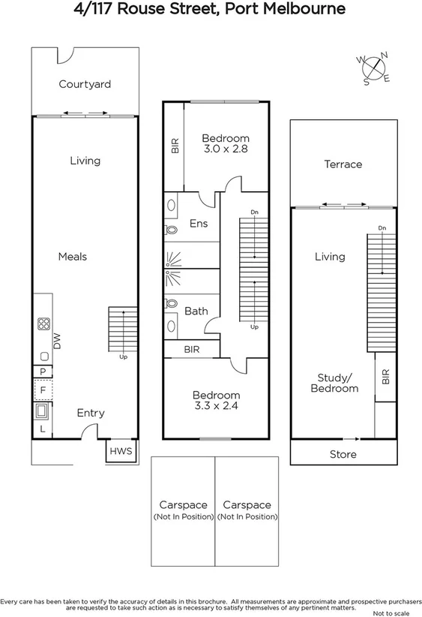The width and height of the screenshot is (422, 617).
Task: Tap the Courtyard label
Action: pyautogui.click(x=85, y=84)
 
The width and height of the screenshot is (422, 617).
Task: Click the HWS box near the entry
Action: pyautogui.click(x=121, y=451)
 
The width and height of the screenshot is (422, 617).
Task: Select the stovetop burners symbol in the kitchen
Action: pyautogui.click(x=43, y=325)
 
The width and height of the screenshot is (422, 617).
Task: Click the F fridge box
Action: pyautogui.click(x=43, y=390)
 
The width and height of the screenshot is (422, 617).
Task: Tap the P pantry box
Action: pyautogui.click(x=43, y=372)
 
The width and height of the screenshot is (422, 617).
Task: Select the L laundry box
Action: pyautogui.click(x=42, y=429)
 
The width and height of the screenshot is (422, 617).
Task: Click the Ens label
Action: pyautogui.click(x=199, y=224)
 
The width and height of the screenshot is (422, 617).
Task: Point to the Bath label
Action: pyautogui.click(x=196, y=311)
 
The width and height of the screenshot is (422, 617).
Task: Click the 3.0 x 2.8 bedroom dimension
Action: pyautogui.click(x=225, y=149)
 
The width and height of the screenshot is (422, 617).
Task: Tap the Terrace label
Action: pyautogui.click(x=343, y=164)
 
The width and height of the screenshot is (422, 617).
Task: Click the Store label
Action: pyautogui.click(x=343, y=454)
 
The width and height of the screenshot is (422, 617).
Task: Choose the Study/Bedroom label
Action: pyautogui.click(x=334, y=383)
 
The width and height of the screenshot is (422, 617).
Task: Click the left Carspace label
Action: pyautogui.click(x=182, y=505)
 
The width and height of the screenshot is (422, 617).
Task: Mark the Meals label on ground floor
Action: pyautogui.click(x=73, y=257)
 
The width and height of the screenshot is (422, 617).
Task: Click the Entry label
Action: pyautogui.click(x=91, y=413)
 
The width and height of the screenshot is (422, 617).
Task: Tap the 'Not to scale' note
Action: pyautogui.click(x=397, y=612)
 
